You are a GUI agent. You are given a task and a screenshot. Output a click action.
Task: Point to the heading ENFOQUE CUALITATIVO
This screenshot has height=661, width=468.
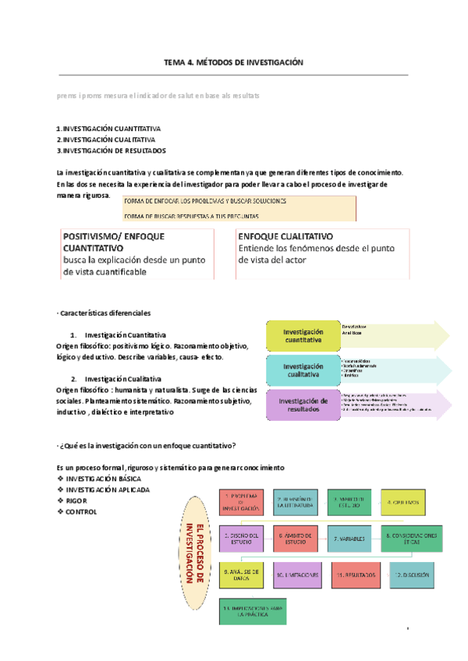click(285, 235)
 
